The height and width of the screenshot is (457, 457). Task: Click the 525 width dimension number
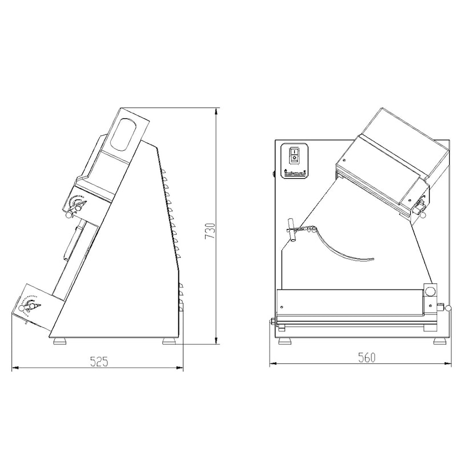pos(99,362)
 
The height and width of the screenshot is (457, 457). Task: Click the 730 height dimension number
pos(210,231)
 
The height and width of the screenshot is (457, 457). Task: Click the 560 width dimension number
pos(367,358)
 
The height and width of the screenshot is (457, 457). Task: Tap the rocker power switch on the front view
pos(294,155)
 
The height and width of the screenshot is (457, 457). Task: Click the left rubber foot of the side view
pos(60,341)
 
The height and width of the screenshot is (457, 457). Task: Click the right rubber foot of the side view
pos(169,341)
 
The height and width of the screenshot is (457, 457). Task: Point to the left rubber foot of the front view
pos(284,341)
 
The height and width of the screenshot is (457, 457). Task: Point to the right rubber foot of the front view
pos(439,341)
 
